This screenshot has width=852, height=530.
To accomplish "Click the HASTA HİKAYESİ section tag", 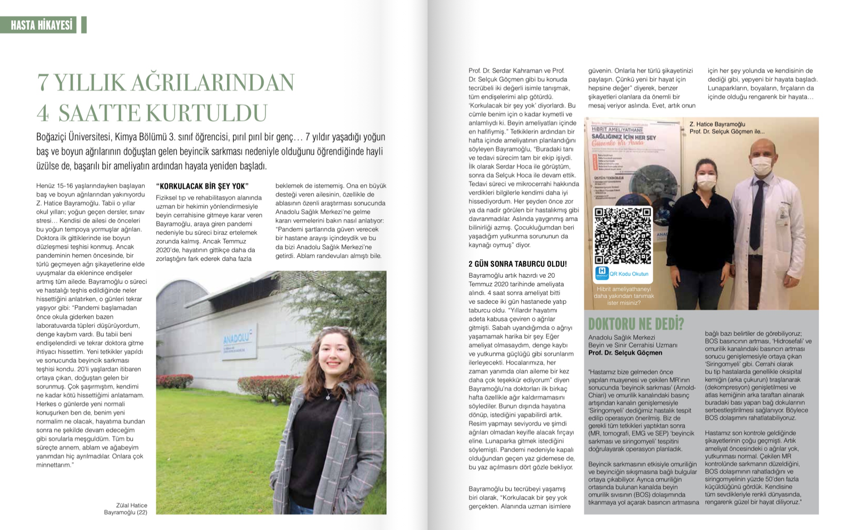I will (x=41, y=25).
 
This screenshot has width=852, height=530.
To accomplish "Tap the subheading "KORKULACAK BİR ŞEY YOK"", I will (x=202, y=186).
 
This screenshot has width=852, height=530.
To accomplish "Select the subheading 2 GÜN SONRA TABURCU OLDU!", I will (x=517, y=264).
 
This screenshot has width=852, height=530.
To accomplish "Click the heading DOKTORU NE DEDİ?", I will (x=636, y=324).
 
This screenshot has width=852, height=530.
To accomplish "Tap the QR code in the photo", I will (x=623, y=236).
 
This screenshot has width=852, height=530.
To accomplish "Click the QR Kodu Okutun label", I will (x=629, y=274).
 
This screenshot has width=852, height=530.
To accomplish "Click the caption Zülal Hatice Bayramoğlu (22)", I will (x=126, y=509).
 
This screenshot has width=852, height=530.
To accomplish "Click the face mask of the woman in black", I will (x=707, y=182).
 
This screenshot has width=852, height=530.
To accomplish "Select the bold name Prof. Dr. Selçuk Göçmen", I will (x=625, y=353).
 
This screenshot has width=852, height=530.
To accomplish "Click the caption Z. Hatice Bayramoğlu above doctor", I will (x=717, y=124).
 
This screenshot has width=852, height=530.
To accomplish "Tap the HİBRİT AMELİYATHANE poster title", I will (x=617, y=129).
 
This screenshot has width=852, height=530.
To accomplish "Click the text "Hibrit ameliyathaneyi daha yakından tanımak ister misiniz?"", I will (x=623, y=296).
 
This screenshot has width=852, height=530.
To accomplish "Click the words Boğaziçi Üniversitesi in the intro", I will (x=73, y=137).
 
